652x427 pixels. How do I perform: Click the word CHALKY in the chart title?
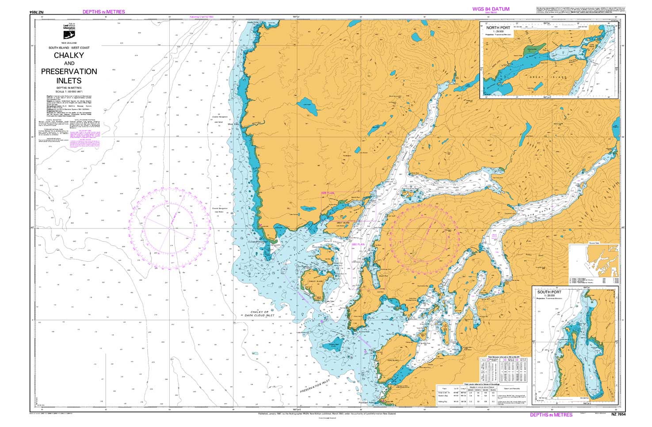[69, 56]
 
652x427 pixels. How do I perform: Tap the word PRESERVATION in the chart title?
[69, 72]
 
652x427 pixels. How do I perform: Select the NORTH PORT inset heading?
[498, 27]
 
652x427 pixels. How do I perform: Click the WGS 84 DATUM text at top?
[491, 9]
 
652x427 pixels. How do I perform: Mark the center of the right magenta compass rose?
[423, 240]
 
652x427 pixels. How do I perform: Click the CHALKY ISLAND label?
[316, 281]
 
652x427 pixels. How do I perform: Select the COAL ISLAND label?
[393, 360]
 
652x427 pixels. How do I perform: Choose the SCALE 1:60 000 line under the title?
[69, 91]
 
